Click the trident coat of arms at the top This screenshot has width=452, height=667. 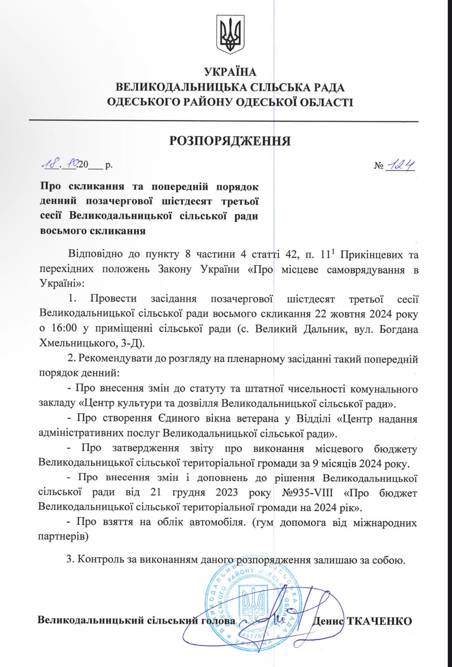click(x=230, y=34)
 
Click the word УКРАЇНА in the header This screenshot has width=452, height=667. click(x=230, y=72)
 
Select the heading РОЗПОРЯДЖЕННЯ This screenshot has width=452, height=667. click(x=230, y=141)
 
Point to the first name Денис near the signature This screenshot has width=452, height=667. click(x=328, y=621)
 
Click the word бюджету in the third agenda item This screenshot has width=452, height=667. click(x=396, y=449)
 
